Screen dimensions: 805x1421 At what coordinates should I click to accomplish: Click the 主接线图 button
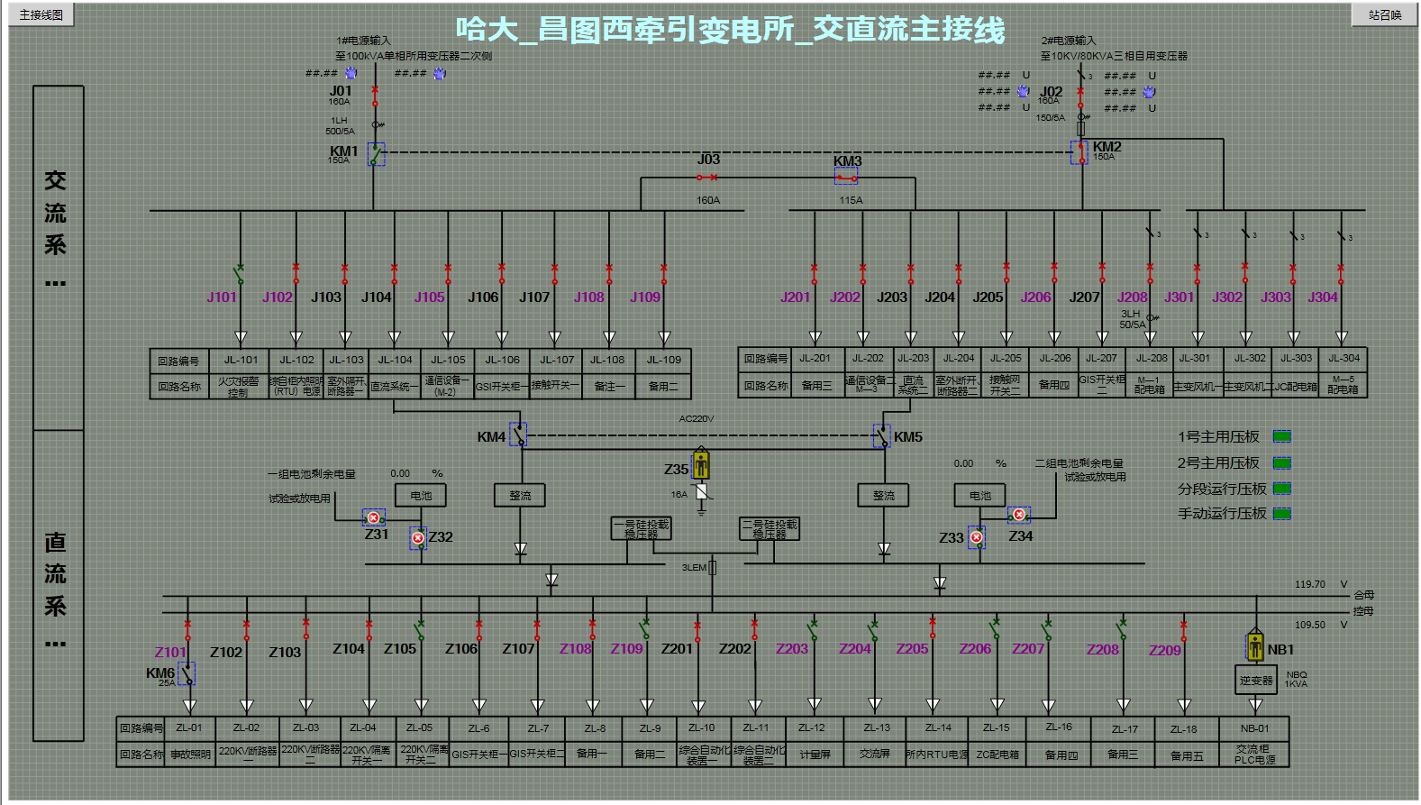[x=41, y=14]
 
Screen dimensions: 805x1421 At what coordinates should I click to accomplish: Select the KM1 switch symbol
[x=376, y=154]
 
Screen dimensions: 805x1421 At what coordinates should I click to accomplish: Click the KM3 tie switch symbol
[x=845, y=177]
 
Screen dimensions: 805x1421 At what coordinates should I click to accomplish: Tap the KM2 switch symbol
[x=1079, y=152]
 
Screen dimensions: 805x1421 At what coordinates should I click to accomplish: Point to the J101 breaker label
[x=221, y=297]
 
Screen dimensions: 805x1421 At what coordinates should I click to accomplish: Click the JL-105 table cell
[x=448, y=360]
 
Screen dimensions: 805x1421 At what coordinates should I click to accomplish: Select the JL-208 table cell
[x=1151, y=358]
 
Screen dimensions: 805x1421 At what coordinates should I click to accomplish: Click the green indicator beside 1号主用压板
[x=1281, y=437]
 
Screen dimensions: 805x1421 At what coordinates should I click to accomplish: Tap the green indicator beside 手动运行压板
[x=1281, y=514]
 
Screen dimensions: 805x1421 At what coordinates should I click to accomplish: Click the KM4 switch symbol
[x=518, y=435]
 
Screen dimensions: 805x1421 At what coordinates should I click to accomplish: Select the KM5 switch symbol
[x=882, y=436]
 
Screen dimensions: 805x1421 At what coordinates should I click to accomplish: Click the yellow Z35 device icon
[x=701, y=465]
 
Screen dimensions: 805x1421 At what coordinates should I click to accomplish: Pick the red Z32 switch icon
[x=418, y=538]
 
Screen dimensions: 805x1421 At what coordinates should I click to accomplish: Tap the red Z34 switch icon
[x=1018, y=515]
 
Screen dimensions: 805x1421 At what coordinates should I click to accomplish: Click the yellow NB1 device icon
[x=1254, y=646]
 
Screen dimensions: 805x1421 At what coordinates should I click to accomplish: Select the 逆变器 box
[x=1256, y=681]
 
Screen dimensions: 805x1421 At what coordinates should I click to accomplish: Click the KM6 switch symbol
[x=187, y=673]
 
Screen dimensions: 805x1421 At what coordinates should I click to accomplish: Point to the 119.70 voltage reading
[x=1310, y=584]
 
